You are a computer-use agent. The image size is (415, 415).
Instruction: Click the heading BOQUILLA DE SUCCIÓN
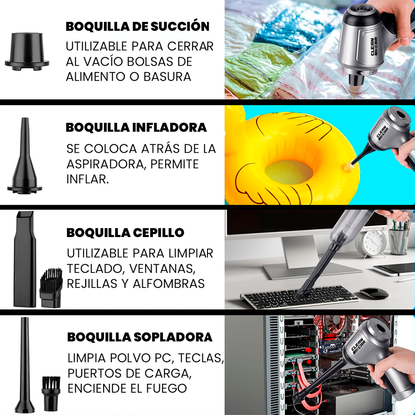point(137,26)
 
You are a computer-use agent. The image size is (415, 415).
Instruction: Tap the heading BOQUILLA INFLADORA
point(136,128)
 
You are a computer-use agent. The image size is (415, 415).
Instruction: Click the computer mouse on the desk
point(372,294)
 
